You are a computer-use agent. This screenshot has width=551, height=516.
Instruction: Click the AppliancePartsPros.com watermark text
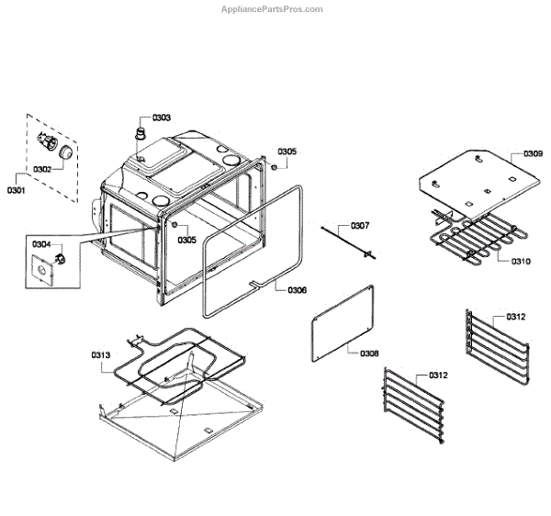coord(272,9)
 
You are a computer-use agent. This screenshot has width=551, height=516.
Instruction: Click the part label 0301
coord(17,190)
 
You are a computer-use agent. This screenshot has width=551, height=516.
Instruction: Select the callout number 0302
coord(42,170)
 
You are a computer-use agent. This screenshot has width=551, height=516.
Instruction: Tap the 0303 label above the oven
coord(162,118)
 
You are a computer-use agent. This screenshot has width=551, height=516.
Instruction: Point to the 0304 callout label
coord(41,244)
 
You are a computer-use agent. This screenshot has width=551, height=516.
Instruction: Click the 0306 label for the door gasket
coord(298,289)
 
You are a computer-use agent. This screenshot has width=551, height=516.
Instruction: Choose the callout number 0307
coord(360,226)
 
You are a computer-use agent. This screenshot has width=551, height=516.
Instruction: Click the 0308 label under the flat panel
coord(370,353)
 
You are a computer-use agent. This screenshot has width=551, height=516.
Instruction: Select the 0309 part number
coord(534,154)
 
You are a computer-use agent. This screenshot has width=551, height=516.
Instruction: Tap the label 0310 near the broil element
coord(521,261)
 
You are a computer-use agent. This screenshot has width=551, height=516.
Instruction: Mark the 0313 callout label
coord(101,354)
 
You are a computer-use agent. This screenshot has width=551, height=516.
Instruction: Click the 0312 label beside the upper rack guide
coord(516,317)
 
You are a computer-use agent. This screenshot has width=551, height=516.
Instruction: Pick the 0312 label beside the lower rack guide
coord(439,376)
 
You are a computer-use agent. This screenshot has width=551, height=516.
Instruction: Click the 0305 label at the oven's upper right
coord(287,151)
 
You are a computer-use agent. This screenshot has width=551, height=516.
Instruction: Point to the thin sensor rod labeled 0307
coord(344,241)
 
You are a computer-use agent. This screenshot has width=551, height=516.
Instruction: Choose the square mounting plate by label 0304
coord(45,271)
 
